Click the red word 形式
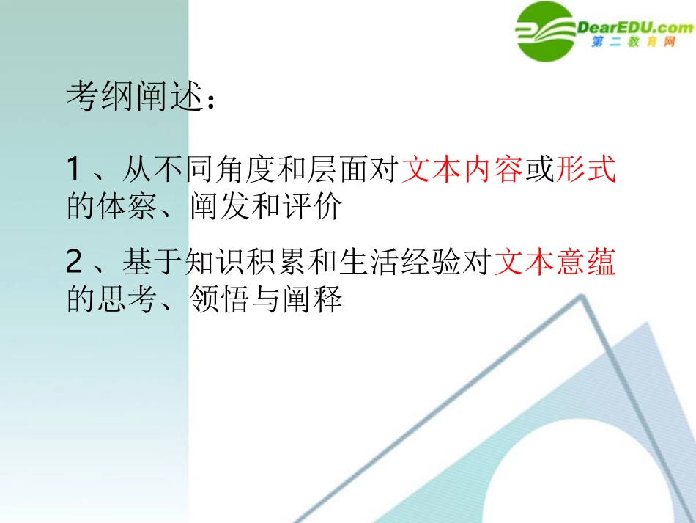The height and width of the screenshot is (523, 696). pyautogui.click(x=586, y=170)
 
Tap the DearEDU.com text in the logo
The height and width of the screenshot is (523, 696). pyautogui.click(x=634, y=28)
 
